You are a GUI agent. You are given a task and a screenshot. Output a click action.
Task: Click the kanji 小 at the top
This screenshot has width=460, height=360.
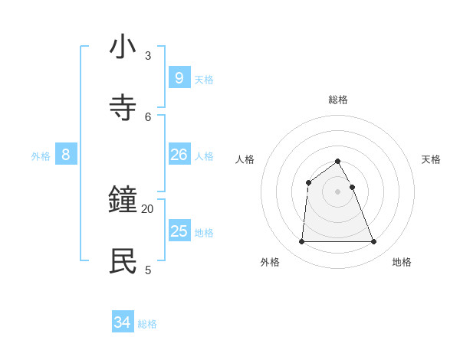coord(123,47)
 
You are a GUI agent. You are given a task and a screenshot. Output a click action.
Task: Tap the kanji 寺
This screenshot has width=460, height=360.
coord(123,108)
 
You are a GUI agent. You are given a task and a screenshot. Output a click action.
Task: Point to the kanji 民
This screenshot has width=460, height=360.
coord(123,261)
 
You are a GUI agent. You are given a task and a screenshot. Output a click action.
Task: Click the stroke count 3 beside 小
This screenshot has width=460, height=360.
coord(148,56)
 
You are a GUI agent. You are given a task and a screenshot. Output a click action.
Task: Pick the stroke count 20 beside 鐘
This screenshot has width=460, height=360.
coord(148,208)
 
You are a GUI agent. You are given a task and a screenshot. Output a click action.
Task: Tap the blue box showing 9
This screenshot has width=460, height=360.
coord(179,77)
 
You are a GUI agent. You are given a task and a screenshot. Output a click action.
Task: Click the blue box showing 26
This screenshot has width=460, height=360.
coord(179,155)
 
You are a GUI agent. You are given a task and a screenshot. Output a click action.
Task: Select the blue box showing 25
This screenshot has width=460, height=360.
coord(179,231)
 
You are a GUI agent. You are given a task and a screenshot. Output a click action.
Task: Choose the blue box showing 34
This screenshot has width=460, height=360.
coord(123,322)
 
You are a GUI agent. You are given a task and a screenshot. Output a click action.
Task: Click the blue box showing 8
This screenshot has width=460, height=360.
coord(66,155)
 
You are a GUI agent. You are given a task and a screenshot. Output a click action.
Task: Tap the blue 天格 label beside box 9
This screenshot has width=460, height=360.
coord(204,80)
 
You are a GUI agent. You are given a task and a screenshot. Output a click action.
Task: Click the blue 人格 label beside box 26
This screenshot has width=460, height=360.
coord(204,156)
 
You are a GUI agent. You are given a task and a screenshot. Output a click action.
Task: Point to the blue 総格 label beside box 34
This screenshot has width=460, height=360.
coord(147,325)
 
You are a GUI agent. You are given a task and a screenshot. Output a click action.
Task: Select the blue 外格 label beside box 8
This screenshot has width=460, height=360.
coord(41,156)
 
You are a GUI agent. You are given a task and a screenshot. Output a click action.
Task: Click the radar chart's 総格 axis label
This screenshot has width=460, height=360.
coord(338,100)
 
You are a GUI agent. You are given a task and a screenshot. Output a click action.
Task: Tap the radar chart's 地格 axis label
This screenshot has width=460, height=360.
coord(402,262)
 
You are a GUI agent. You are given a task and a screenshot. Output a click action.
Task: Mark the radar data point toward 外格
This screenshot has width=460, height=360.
coord(301,242)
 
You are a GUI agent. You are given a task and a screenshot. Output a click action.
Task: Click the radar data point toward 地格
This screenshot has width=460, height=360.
coord(374,242)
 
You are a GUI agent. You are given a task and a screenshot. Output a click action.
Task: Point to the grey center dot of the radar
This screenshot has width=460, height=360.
coord(338,191)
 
